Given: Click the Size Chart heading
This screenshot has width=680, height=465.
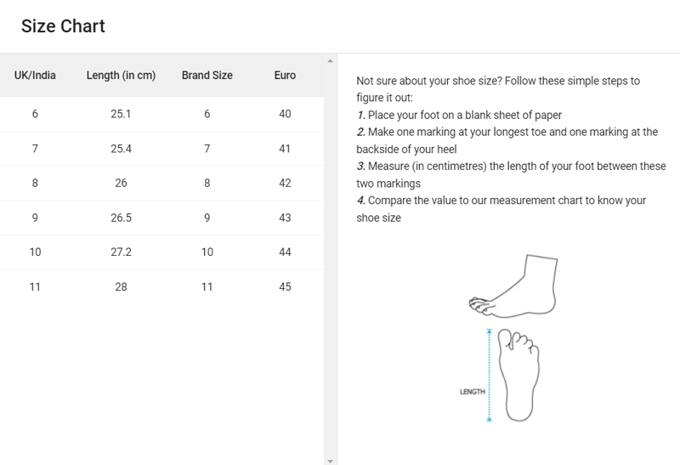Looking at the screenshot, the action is (x=63, y=26).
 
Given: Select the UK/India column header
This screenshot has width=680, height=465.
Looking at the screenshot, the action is (x=35, y=76).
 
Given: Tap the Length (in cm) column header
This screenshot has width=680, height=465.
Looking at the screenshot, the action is (x=121, y=76).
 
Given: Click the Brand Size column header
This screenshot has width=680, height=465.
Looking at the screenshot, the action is (x=207, y=76).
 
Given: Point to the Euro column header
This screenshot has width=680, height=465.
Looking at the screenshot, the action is (x=285, y=76).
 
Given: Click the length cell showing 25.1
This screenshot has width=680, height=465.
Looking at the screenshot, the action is (x=121, y=114).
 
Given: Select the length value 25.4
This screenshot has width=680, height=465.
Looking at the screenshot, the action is (x=121, y=149).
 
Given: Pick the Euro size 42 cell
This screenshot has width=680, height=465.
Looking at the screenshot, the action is (x=285, y=183).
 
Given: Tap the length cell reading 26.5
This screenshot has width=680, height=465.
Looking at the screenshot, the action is (x=121, y=218).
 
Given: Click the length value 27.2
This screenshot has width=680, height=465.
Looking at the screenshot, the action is (x=121, y=252).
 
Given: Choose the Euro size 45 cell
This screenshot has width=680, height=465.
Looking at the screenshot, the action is (x=285, y=286).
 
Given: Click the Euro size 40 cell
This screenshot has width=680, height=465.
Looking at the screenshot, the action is (x=285, y=114).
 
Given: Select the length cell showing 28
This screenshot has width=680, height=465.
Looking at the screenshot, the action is (x=121, y=286).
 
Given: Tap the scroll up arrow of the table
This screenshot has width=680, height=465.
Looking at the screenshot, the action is (x=330, y=61).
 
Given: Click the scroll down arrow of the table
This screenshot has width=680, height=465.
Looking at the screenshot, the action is (x=330, y=461).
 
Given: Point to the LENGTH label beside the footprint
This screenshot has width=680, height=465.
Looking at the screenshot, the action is (x=473, y=392).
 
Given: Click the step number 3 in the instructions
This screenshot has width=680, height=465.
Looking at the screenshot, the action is (x=360, y=166).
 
